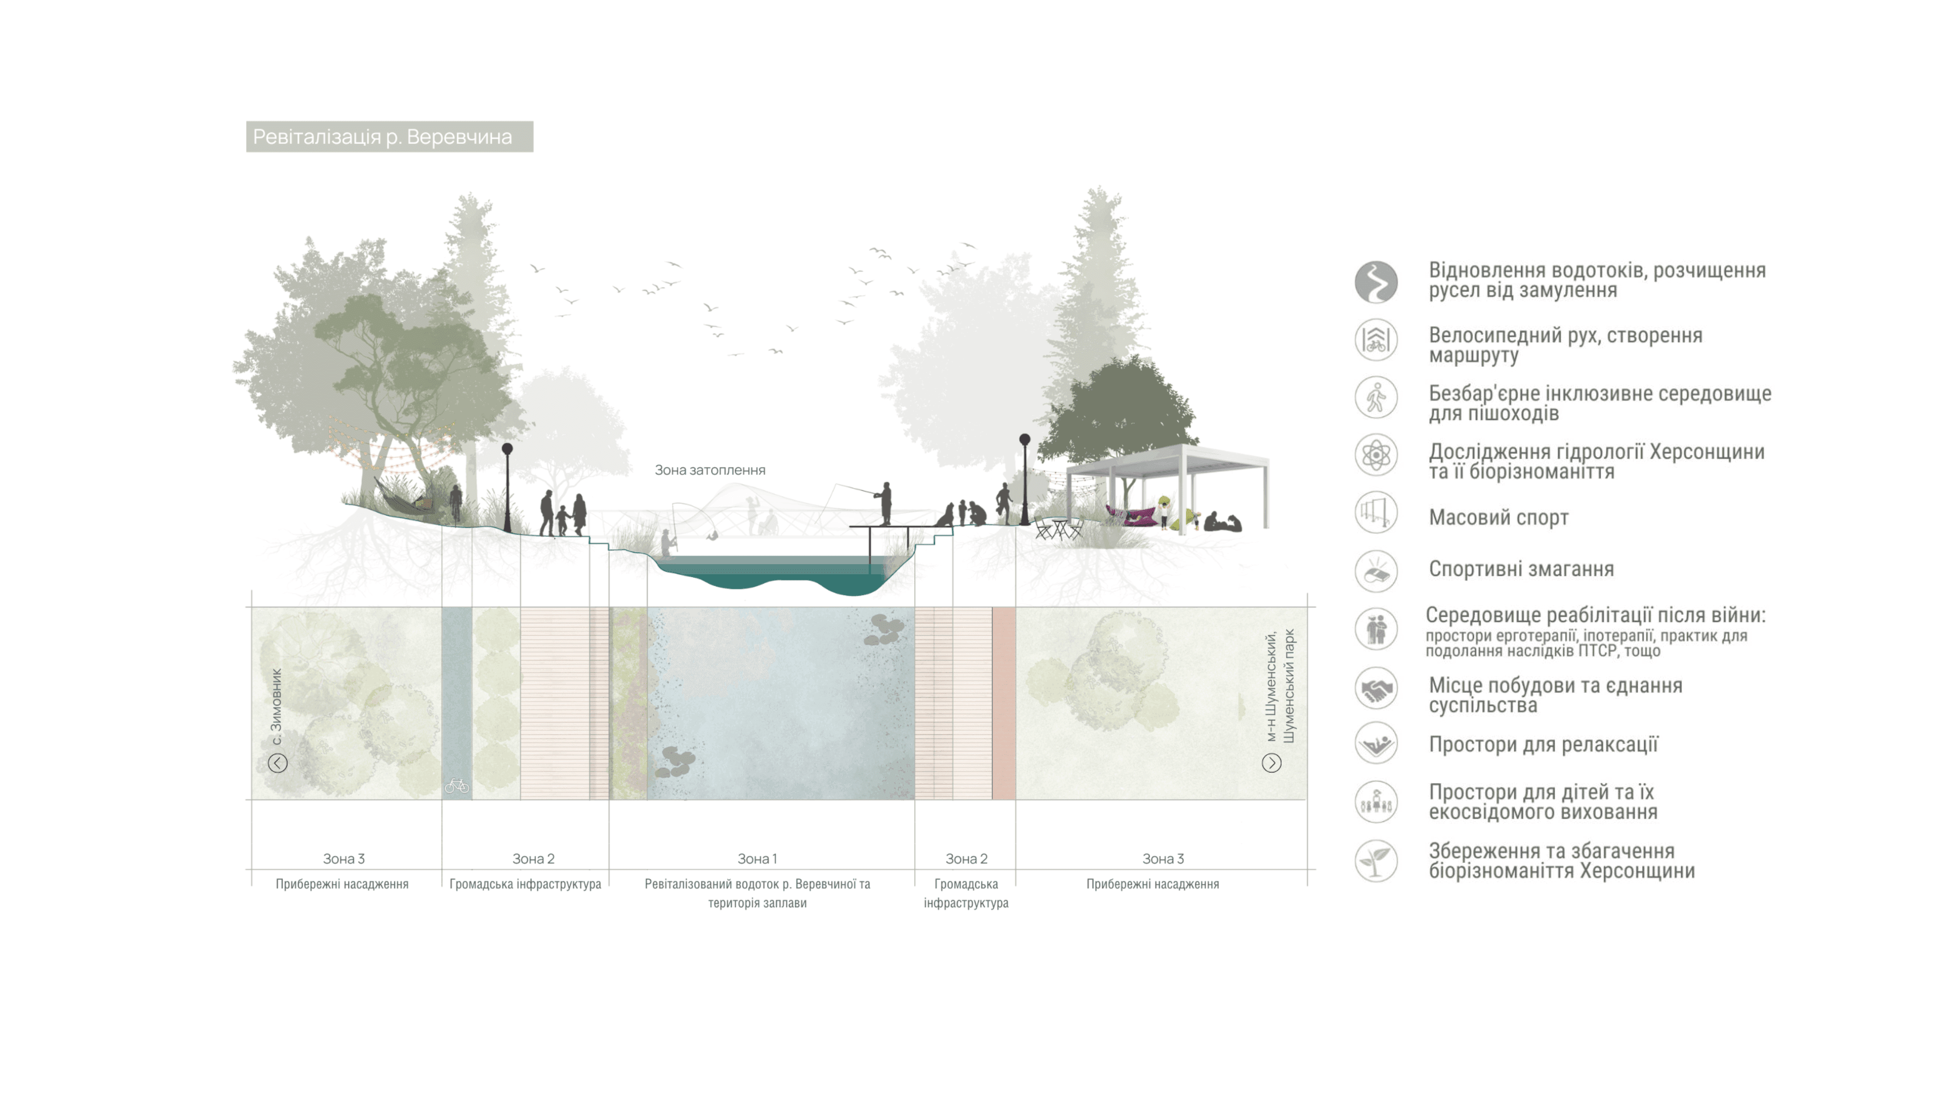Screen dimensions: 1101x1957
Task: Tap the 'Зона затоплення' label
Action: tap(709, 470)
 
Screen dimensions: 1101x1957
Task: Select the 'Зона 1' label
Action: tap(757, 859)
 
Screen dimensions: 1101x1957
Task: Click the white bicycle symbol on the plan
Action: tap(457, 786)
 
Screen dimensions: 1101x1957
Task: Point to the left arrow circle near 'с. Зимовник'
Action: tap(277, 763)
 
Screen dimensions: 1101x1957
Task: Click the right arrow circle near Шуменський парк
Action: tap(1271, 763)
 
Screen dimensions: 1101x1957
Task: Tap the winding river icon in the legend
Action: tap(1376, 282)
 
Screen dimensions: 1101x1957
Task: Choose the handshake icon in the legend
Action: tap(1376, 688)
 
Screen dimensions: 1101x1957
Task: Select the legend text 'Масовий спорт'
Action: tap(1498, 518)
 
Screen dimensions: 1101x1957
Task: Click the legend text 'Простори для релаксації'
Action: tap(1543, 745)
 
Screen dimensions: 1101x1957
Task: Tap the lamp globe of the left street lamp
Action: tap(507, 449)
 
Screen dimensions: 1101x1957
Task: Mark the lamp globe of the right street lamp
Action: tap(1024, 439)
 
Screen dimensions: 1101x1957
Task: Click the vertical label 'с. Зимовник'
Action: tap(277, 707)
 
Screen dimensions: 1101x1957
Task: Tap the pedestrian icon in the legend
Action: tap(1376, 397)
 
